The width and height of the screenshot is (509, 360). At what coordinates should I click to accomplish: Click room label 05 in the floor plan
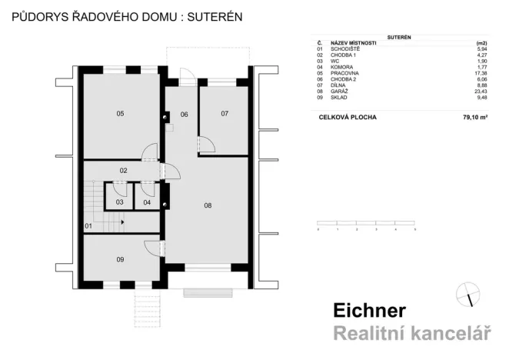[120, 114]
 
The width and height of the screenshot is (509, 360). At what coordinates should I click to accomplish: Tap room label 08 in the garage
[208, 205]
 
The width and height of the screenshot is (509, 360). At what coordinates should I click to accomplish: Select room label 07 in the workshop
[225, 114]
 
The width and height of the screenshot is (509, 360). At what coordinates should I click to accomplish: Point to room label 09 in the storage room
[120, 260]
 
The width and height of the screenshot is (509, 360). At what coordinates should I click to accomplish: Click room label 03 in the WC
[120, 202]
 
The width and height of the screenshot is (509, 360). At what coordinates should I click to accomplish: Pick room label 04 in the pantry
[147, 202]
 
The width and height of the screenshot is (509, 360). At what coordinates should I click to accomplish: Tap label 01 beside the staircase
[88, 225]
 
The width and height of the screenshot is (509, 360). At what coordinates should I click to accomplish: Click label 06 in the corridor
[185, 115]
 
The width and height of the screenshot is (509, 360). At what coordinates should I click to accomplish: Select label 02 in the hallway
[122, 169]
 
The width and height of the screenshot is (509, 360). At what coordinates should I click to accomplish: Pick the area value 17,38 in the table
[483, 73]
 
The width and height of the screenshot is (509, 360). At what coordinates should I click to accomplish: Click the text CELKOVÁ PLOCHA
[345, 118]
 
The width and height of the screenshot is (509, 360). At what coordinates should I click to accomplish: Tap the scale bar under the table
[366, 228]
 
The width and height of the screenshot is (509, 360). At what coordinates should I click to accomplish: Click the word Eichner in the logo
[369, 311]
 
